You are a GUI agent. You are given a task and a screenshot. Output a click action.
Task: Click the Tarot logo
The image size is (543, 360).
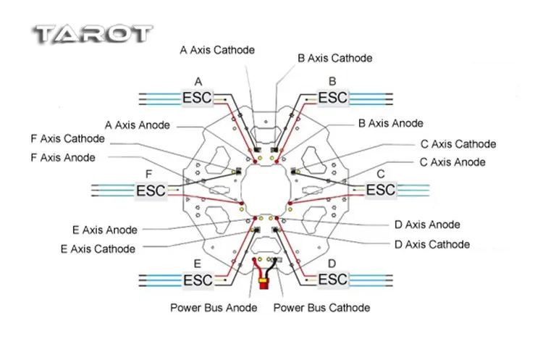tap(93, 35)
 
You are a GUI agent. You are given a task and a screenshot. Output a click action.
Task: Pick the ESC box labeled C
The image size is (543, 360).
tap(380, 191)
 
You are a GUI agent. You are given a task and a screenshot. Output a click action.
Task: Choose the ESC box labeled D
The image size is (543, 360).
tap(332, 280)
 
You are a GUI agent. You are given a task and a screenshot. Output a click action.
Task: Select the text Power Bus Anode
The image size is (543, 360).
tap(214, 308)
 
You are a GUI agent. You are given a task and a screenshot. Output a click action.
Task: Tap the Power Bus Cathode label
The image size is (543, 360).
tap(321, 308)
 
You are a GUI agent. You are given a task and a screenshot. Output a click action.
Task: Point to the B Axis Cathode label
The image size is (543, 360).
tap(334, 58)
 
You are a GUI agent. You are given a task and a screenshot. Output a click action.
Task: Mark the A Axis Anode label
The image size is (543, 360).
tap(138, 125)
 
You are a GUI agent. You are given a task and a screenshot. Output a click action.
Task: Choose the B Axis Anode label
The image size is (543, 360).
tap(390, 123)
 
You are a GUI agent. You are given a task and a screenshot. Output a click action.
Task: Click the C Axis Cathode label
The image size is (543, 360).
tap(458, 144)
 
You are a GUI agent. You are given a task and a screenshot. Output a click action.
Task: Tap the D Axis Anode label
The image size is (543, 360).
tap(427, 225)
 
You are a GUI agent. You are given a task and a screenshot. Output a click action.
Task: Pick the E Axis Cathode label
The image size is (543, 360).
tap(98, 249)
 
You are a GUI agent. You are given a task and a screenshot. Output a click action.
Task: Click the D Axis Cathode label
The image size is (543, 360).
tap(432, 244)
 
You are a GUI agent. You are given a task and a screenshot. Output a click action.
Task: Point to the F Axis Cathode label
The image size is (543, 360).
tap(68, 138)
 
